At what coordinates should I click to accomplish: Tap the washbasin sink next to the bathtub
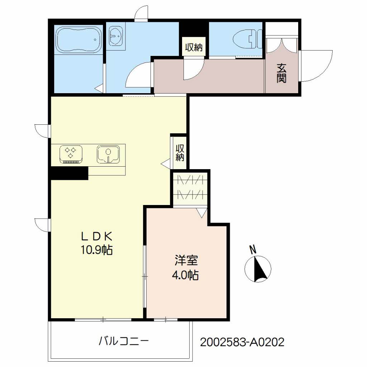pyautogui.click(x=116, y=37)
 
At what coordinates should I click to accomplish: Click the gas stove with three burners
pyautogui.click(x=71, y=154)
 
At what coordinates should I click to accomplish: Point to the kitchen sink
pyautogui.click(x=108, y=154)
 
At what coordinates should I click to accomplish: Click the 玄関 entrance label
pyautogui.click(x=281, y=73)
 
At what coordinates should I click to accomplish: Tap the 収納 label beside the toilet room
pyautogui.click(x=194, y=47)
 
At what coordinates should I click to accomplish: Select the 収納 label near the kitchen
pyautogui.click(x=180, y=153)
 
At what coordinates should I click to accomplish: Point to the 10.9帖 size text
pyautogui.click(x=96, y=249)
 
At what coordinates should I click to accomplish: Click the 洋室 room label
pyautogui.click(x=185, y=261)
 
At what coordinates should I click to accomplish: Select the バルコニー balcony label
pyautogui.click(x=124, y=340)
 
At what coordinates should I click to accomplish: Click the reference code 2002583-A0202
pyautogui.click(x=242, y=342)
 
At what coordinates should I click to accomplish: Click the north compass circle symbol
pyautogui.click(x=257, y=268)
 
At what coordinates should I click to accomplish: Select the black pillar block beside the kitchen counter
pyautogui.click(x=69, y=173)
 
